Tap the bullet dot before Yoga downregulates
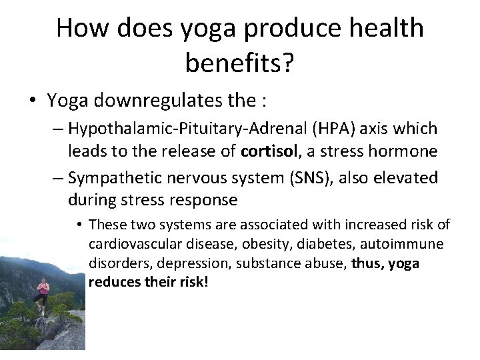click(33, 101)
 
